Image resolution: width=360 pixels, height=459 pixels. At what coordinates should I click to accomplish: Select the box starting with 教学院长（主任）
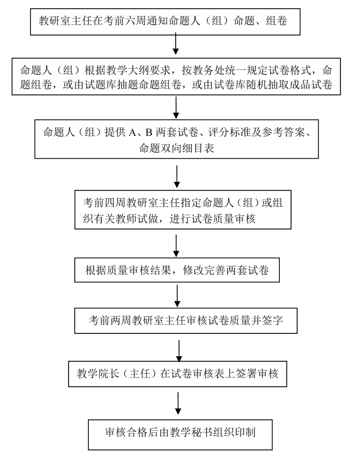178,373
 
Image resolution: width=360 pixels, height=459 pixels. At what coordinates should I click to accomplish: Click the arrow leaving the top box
176,45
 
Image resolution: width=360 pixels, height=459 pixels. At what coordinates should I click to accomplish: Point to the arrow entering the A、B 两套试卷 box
176,107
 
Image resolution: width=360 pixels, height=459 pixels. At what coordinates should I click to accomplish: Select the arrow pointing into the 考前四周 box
177,177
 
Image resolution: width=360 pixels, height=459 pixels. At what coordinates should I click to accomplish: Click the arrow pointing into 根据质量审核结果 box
177,246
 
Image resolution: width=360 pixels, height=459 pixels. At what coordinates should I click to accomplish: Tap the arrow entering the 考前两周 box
178,296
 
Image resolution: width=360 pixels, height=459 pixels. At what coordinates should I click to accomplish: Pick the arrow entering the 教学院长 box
179,351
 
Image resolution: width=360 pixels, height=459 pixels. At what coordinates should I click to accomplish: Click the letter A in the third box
132,132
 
